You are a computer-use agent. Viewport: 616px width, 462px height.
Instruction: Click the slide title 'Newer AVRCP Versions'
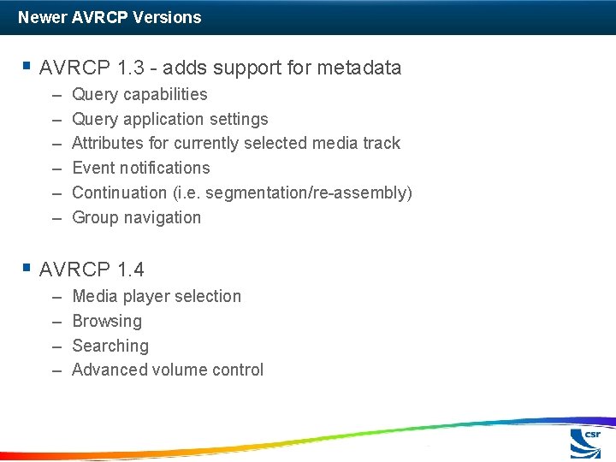click(110, 17)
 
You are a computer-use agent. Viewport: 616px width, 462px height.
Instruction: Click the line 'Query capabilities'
click(139, 94)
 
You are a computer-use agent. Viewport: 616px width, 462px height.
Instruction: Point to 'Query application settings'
click(169, 119)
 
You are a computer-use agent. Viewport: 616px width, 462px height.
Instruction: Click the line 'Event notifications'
click(140, 168)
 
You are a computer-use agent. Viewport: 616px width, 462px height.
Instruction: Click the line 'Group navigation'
click(136, 217)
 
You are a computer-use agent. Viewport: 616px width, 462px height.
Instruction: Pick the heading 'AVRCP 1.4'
click(92, 269)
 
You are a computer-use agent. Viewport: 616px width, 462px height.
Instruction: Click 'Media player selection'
click(157, 296)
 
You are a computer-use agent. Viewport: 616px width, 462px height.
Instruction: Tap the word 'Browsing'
click(107, 321)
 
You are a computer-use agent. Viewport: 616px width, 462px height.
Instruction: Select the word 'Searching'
click(110, 346)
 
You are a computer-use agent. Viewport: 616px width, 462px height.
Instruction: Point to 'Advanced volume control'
click(168, 370)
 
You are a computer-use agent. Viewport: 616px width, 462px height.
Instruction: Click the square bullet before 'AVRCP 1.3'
click(27, 66)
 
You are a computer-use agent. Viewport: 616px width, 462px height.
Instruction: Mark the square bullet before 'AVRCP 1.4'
click(27, 268)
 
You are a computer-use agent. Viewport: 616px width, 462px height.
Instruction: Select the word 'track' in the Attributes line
click(381, 143)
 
